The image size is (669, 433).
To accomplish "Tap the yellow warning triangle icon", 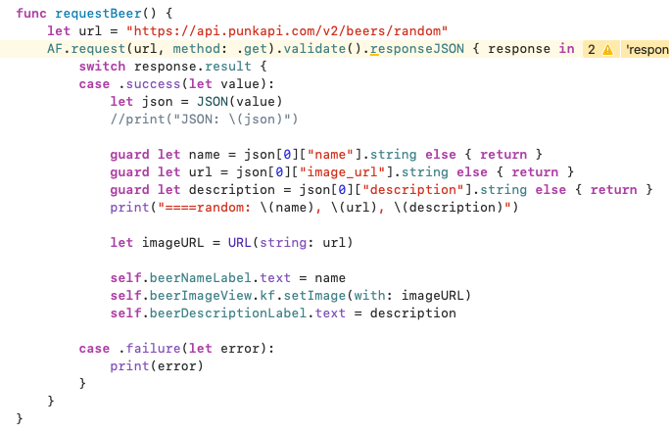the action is [607, 49].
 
